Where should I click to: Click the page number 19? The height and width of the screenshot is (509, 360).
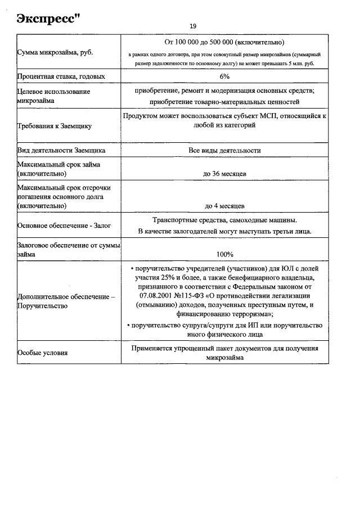[193, 26]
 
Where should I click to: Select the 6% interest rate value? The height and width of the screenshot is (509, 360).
[224, 76]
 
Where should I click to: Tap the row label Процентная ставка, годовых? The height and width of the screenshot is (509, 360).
[61, 76]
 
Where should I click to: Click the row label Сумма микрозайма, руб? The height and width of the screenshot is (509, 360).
[55, 52]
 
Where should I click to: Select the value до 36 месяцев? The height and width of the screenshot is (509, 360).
[224, 174]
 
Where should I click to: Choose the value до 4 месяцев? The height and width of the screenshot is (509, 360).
[224, 206]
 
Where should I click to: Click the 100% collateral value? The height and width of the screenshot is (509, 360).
[224, 254]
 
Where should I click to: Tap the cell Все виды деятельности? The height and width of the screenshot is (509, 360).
[224, 151]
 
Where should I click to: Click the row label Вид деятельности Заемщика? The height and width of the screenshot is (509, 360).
[61, 151]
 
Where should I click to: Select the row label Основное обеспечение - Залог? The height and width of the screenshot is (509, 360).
[64, 226]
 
